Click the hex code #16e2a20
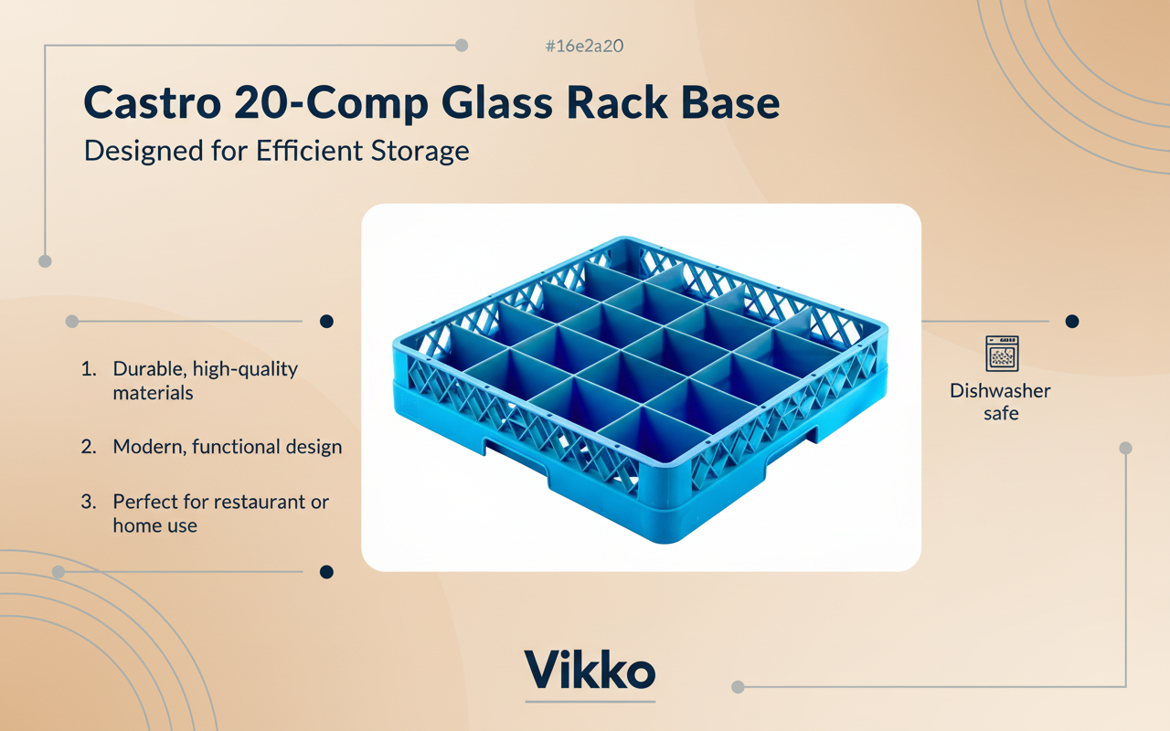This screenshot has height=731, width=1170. [584, 46]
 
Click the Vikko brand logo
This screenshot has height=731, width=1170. [590, 672]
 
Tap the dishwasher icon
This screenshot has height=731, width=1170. [1001, 354]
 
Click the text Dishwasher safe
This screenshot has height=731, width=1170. [1000, 402]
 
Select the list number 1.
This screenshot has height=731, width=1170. [89, 369]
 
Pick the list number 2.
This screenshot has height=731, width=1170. [89, 447]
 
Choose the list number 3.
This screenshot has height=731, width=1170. [89, 502]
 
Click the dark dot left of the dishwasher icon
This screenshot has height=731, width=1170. [1072, 322]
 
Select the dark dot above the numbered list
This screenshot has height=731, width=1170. [326, 322]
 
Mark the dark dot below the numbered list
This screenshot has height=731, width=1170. [326, 572]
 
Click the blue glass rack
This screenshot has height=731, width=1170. [640, 384]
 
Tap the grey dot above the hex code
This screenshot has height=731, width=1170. [462, 45]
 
